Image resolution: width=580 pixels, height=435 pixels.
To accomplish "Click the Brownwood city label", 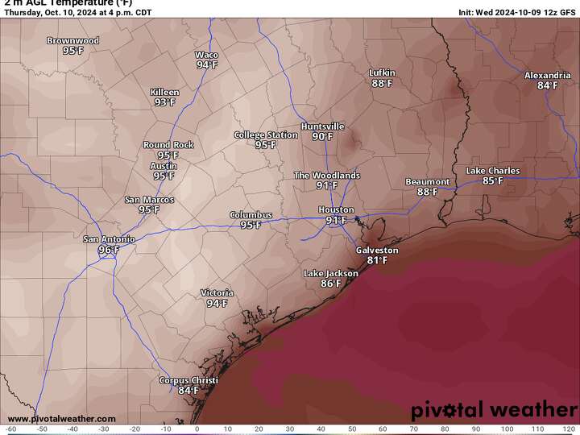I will click(x=72, y=40).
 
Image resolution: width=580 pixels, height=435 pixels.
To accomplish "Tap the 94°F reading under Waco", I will click(x=207, y=64).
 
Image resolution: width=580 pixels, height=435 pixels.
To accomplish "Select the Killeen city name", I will click(x=165, y=92).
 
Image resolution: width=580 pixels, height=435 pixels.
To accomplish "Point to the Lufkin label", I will click(x=382, y=72).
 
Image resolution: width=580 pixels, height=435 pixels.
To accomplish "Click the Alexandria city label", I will click(x=548, y=75).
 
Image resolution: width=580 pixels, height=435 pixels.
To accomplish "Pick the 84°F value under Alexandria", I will click(x=548, y=85).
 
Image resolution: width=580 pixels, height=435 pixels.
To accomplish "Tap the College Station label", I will click(x=266, y=135).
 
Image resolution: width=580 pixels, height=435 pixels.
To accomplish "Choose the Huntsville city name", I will click(x=322, y=126).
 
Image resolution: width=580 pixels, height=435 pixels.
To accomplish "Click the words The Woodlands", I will click(x=326, y=175).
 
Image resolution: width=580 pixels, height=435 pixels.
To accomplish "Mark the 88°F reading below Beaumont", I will click(x=427, y=192).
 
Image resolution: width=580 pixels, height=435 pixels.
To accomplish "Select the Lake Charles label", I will click(x=493, y=171).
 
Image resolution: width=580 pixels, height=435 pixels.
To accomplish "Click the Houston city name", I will click(x=336, y=209).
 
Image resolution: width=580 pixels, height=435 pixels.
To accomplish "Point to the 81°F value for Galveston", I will click(x=377, y=260).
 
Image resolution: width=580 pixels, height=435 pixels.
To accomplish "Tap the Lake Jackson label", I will click(x=330, y=273).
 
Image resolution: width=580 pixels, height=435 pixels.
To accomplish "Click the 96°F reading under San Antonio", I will click(x=109, y=250).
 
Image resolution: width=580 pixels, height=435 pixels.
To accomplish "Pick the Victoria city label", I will click(x=217, y=292).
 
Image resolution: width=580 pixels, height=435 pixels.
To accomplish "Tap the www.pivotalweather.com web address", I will click(x=62, y=419).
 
